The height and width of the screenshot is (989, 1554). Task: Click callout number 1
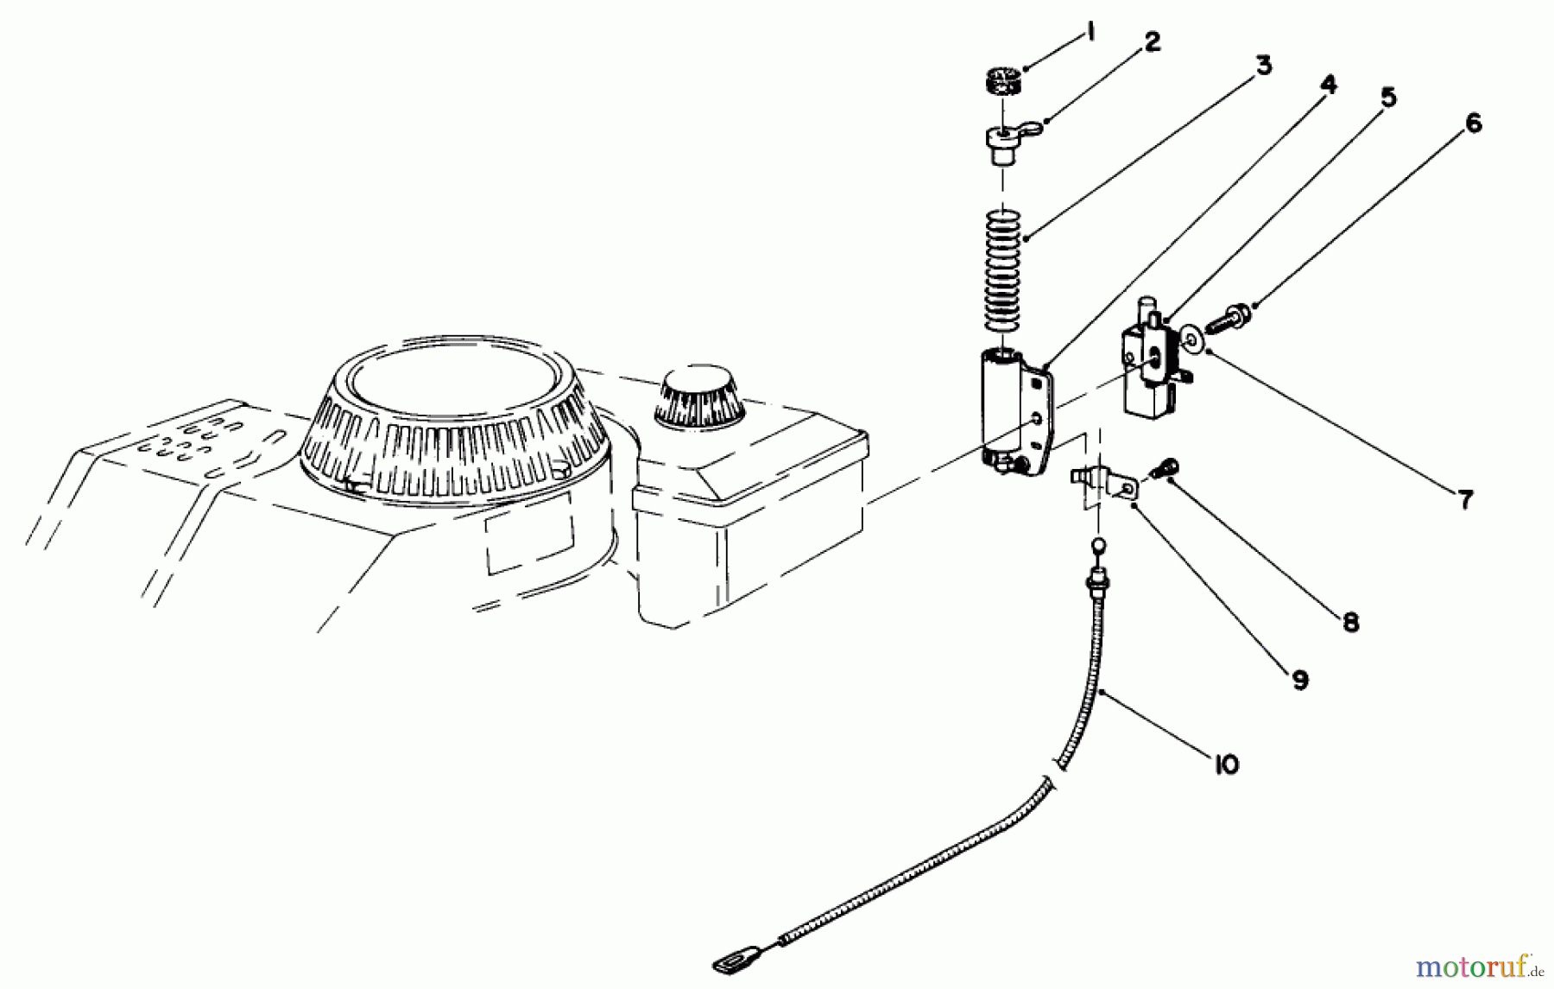1090,33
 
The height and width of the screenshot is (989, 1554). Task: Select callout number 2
1153,42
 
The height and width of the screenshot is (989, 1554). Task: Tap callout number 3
1263,65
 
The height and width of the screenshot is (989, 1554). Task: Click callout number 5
1387,98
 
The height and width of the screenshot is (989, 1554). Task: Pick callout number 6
1473,124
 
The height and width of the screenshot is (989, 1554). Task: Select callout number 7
1465,499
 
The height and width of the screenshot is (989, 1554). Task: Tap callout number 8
1351,622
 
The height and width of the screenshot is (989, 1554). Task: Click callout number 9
1300,680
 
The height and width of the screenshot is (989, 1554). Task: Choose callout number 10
1226,764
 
